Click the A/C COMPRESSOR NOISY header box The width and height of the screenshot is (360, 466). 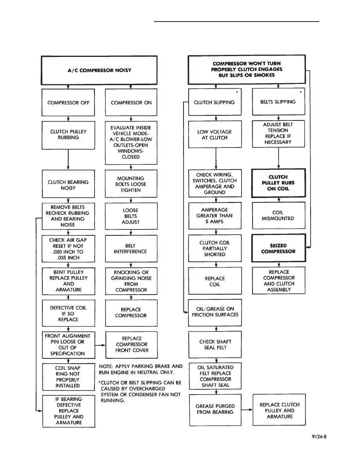pos(99,70)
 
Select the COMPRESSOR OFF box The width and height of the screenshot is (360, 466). pos(68,102)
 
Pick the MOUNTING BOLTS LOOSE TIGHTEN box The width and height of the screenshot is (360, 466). pos(131,184)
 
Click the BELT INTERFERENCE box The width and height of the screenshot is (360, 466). pos(131,248)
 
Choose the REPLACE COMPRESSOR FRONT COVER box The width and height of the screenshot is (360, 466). pos(132,345)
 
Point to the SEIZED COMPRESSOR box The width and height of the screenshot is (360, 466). pos(278,248)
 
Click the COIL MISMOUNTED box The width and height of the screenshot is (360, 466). pos(278,215)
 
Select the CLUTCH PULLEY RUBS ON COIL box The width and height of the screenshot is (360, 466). pos(278,183)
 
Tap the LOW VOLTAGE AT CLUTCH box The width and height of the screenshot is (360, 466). pos(215,134)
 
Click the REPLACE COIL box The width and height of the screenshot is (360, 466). pos(215,281)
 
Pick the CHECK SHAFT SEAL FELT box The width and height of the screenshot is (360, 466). pos(215,344)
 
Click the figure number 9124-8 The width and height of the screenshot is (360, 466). pos(319,437)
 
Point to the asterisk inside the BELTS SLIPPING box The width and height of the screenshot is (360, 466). pos(301,92)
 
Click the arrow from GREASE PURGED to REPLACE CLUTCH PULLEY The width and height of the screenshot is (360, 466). pos(247,410)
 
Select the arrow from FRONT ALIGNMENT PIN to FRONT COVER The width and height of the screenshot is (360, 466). pos(100,345)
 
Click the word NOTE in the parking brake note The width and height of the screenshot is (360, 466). pos(105,366)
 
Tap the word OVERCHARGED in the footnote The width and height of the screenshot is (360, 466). pos(147,388)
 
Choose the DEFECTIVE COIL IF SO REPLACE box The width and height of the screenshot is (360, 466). pos(68,313)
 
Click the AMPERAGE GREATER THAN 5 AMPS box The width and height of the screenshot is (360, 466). pos(215,215)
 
